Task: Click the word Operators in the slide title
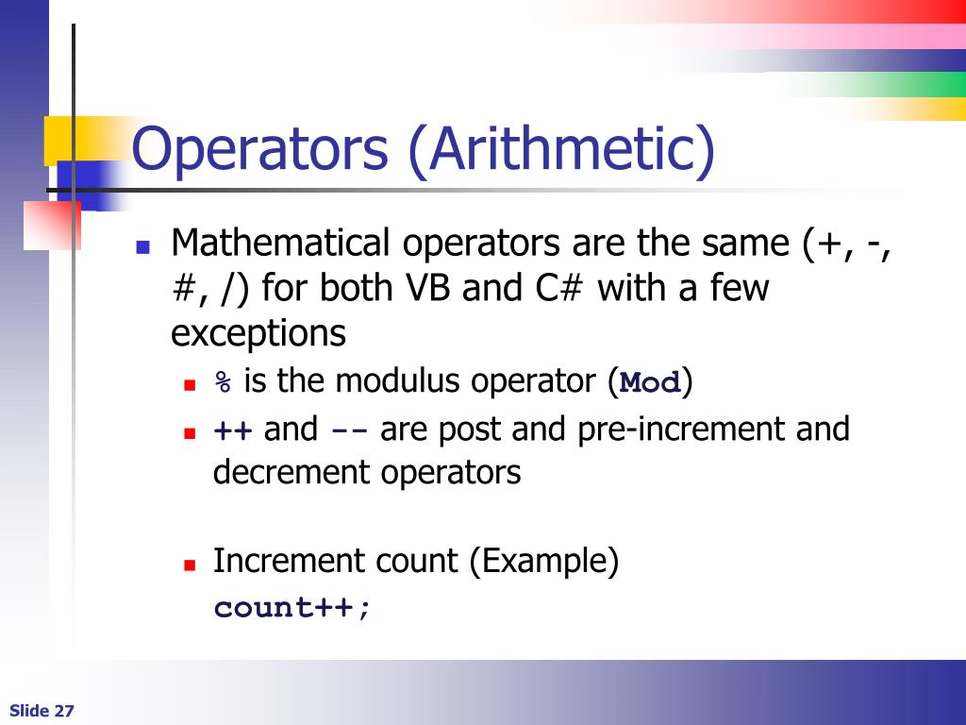tap(259, 151)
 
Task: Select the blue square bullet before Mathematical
tap(143, 247)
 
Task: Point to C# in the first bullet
tap(560, 289)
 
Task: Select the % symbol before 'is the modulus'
tap(223, 382)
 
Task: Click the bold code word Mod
tap(651, 383)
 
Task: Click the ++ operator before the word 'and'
tap(232, 430)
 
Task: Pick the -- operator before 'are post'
tap(348, 430)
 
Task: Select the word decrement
tap(292, 472)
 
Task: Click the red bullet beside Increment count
tap(190, 565)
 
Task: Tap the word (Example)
tap(544, 562)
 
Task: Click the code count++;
tap(293, 608)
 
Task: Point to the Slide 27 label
tap(42, 711)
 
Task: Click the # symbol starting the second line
tap(182, 289)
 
